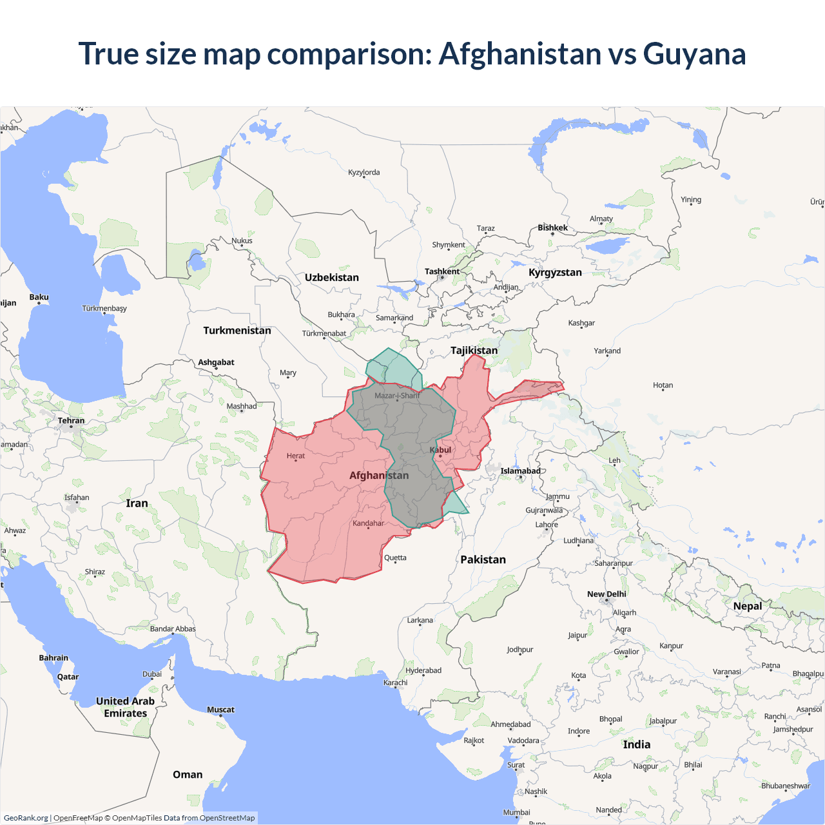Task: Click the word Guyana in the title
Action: (x=694, y=54)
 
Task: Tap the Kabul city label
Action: (x=441, y=450)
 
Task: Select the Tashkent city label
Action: (x=442, y=271)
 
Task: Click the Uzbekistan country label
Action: (x=332, y=278)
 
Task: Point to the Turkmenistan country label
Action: (x=237, y=331)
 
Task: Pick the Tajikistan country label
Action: (x=474, y=351)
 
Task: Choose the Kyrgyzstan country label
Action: (x=555, y=273)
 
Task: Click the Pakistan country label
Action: (x=483, y=559)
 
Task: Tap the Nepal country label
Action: (x=748, y=606)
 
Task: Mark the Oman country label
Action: (x=188, y=775)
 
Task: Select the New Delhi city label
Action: (x=607, y=594)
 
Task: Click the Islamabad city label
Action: (x=521, y=471)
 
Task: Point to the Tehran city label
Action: (x=71, y=421)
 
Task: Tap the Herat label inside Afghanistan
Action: (x=296, y=456)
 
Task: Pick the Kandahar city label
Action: (x=368, y=523)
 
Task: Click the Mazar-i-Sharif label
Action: (x=396, y=396)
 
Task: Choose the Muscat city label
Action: (x=220, y=710)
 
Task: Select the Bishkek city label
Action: (x=553, y=228)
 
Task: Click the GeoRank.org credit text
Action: (x=26, y=818)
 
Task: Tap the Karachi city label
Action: (x=396, y=683)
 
